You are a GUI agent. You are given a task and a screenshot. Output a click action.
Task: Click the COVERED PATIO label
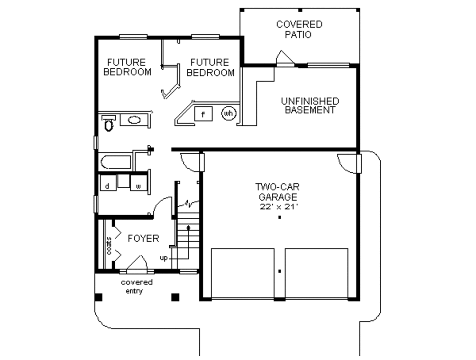click(299, 29)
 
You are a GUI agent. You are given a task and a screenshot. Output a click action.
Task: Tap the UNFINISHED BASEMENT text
click(310, 105)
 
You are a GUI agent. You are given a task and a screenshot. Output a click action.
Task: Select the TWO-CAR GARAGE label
click(278, 191)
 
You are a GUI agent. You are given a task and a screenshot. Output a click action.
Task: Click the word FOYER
click(143, 239)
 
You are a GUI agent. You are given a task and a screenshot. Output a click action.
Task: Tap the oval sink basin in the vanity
click(134, 120)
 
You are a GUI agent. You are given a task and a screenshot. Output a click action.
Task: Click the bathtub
click(116, 162)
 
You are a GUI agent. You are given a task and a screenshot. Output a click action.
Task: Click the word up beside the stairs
click(164, 258)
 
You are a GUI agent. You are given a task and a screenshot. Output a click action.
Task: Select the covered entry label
click(137, 287)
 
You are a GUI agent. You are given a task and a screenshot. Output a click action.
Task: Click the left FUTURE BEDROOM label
click(127, 67)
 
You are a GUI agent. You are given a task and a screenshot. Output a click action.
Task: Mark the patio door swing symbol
click(284, 58)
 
